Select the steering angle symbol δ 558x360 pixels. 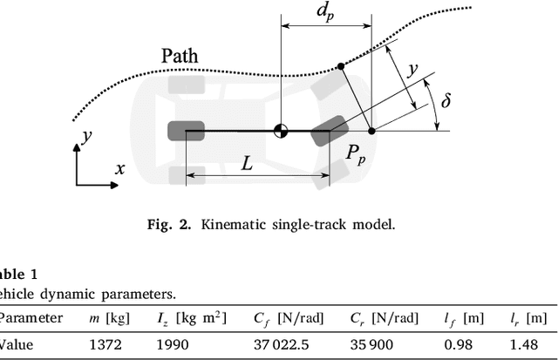click(446, 101)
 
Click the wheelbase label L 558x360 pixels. click(248, 162)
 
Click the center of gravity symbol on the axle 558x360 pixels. click(281, 132)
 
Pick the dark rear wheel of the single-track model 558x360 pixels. click(185, 131)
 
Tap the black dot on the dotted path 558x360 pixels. click(340, 65)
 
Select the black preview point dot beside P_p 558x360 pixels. click(372, 132)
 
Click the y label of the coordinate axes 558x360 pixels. click(85, 136)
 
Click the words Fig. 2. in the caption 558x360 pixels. click(173, 224)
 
